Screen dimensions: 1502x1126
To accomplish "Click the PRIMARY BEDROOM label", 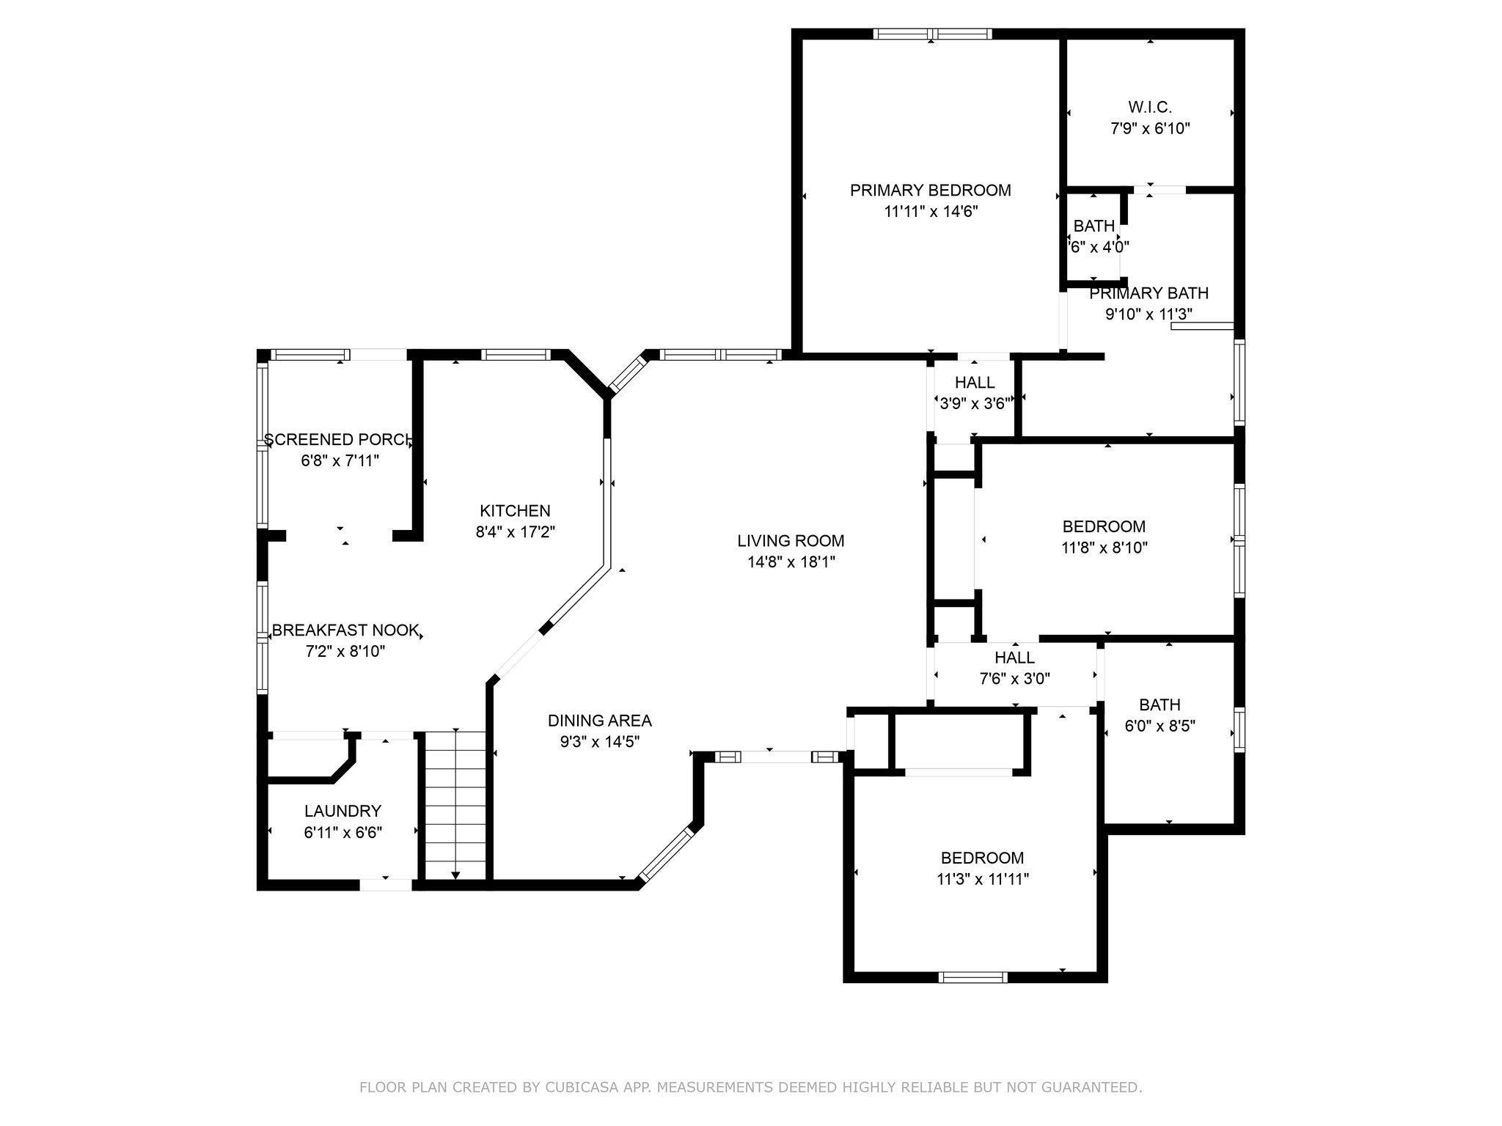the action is pos(930,191).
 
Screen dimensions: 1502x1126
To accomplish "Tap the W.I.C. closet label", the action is pos(1149,107).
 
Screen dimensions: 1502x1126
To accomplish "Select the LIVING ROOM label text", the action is pos(791,541).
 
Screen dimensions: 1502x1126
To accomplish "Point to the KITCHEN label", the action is pos(515,511).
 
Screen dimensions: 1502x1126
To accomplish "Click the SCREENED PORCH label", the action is pos(338,440).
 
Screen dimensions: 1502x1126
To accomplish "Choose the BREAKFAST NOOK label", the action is pos(345,630).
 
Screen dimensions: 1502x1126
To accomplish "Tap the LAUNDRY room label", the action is pos(342,812).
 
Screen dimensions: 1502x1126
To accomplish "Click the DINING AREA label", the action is pos(599,721).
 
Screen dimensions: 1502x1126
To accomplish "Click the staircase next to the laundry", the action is pos(455,805).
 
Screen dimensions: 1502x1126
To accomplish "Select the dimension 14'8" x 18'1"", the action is pos(791,562).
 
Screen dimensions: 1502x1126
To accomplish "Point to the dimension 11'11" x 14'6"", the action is pos(931,212).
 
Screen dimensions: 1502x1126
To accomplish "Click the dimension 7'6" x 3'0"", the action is pos(1015,679).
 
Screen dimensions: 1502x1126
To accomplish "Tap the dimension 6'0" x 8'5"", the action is pos(1160,726).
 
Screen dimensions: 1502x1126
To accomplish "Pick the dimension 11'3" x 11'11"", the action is pos(983,879).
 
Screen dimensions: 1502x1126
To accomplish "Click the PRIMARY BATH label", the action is pos(1149,293).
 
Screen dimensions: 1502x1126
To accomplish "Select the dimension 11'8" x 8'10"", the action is pos(1104,548).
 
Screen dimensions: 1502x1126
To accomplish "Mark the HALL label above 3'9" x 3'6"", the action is pos(975,383).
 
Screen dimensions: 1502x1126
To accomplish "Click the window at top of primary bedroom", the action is pos(931,34).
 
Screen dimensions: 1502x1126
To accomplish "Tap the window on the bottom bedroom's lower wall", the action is pos(973,976).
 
